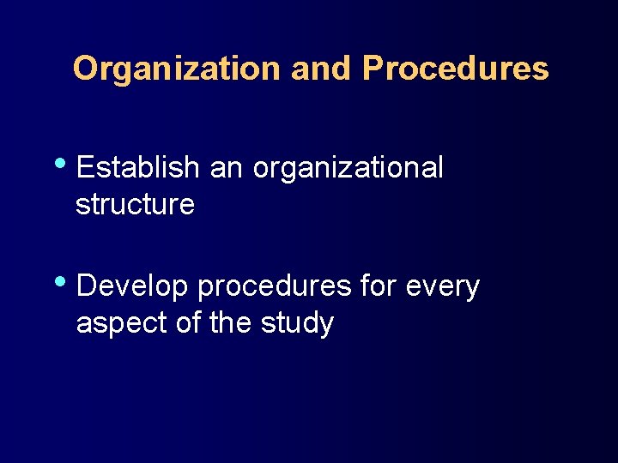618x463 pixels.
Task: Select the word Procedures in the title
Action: [x=455, y=69]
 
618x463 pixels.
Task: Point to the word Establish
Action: [x=137, y=168]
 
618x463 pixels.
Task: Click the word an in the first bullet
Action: [x=227, y=168]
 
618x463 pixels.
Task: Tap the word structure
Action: [x=135, y=206]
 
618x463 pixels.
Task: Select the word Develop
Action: [x=132, y=288]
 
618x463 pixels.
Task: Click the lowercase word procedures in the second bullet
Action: [x=275, y=288]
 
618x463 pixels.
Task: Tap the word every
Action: [x=443, y=288]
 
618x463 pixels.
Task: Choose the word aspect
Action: [x=118, y=325]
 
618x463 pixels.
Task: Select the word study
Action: [x=300, y=325]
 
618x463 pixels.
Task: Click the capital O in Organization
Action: [x=85, y=69]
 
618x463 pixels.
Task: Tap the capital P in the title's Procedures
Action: [x=373, y=69]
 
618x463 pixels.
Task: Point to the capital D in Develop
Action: [x=87, y=286]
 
